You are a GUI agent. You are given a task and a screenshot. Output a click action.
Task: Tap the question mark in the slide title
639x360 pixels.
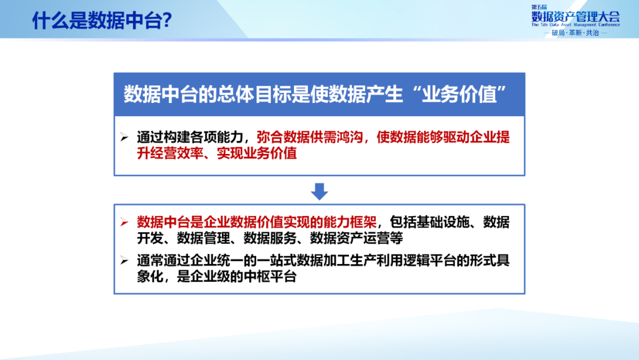[x=166, y=21]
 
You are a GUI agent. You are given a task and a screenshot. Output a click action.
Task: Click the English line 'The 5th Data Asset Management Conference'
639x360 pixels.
[x=575, y=26]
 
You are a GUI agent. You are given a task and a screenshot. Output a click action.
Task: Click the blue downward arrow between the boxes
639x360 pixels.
[x=319, y=191]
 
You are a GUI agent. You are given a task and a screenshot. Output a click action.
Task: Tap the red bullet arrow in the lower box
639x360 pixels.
[x=124, y=223]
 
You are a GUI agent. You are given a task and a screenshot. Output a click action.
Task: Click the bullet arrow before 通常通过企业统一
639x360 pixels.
[x=124, y=261]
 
